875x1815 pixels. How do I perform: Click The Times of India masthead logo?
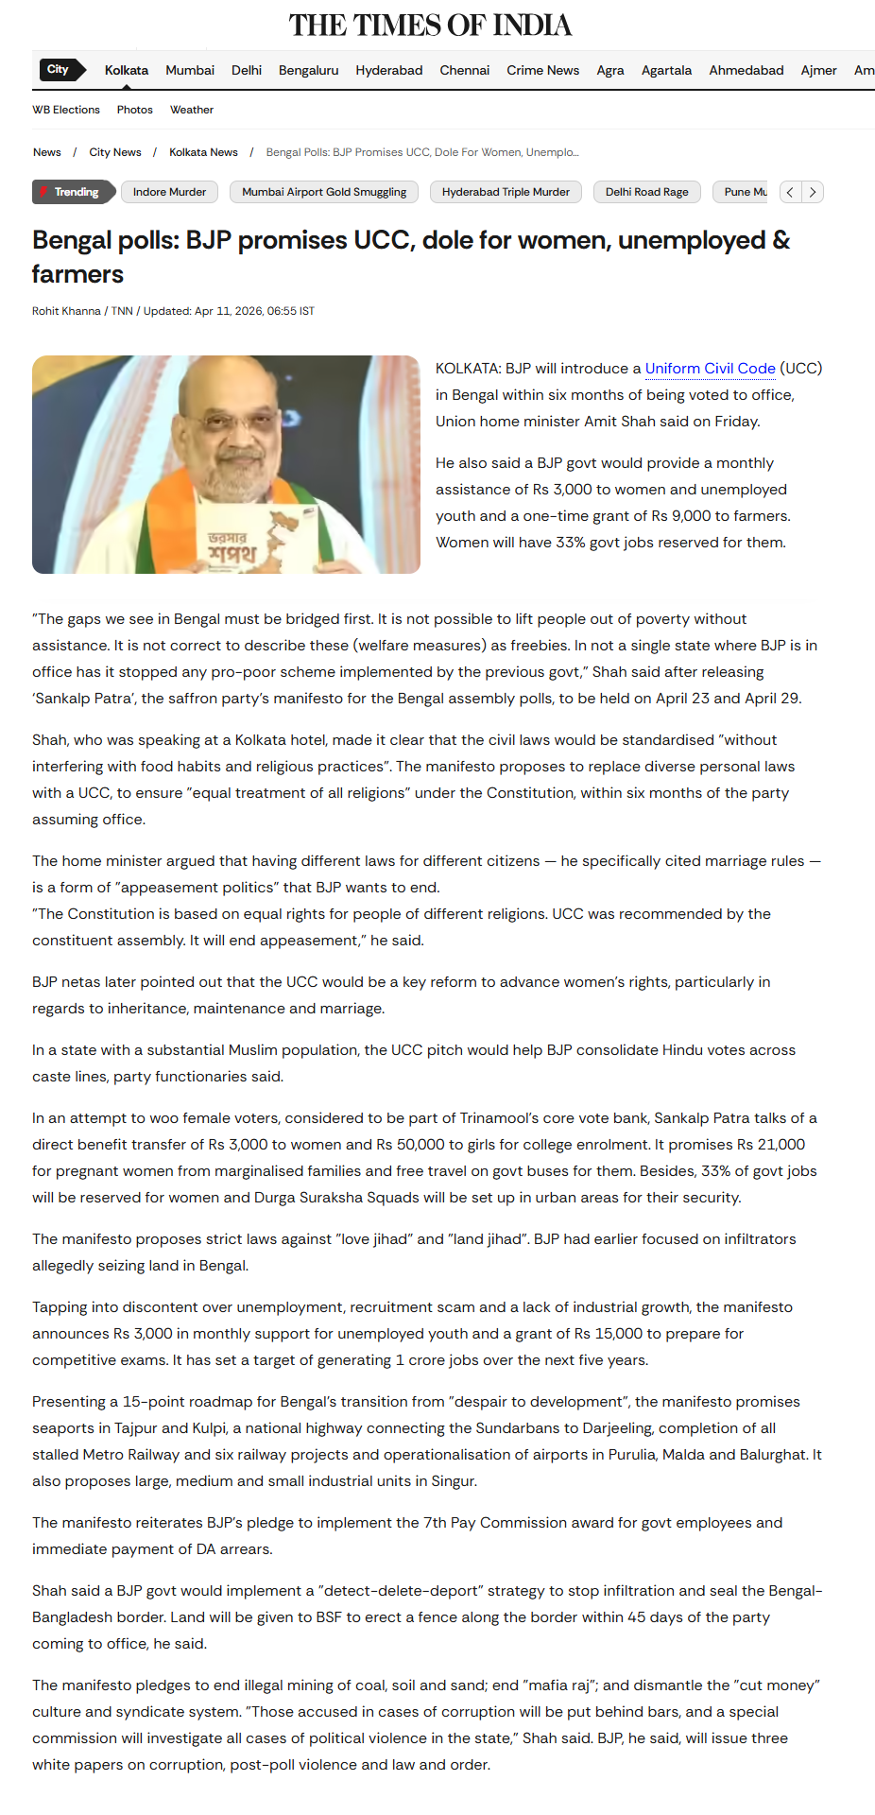click(430, 25)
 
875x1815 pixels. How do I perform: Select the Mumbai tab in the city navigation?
click(190, 70)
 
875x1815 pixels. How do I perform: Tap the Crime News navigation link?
click(542, 70)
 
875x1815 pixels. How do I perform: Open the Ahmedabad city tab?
click(746, 70)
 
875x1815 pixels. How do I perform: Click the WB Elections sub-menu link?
click(66, 110)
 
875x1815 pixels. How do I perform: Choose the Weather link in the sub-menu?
click(191, 110)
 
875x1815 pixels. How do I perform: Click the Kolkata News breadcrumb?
click(203, 152)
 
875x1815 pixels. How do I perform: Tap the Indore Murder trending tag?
click(169, 192)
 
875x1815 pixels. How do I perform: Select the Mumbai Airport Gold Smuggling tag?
click(324, 192)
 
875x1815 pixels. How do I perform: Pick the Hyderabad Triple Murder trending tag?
click(506, 192)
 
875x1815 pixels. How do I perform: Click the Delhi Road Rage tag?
click(646, 192)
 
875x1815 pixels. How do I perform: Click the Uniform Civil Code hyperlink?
click(710, 369)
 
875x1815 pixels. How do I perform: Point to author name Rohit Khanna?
click(66, 311)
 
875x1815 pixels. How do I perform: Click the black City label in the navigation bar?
click(59, 69)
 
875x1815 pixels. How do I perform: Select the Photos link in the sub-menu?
click(134, 110)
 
